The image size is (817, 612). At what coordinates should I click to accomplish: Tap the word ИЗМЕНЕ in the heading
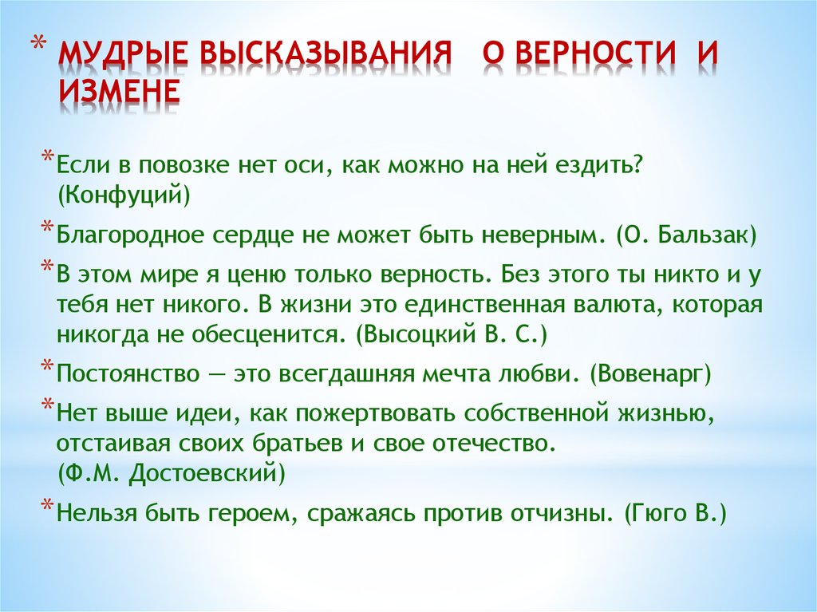click(x=119, y=91)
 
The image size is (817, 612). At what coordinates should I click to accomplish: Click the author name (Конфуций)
click(x=124, y=195)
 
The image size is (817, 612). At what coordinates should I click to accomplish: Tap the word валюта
click(x=609, y=305)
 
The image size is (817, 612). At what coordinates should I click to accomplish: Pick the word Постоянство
click(x=128, y=374)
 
